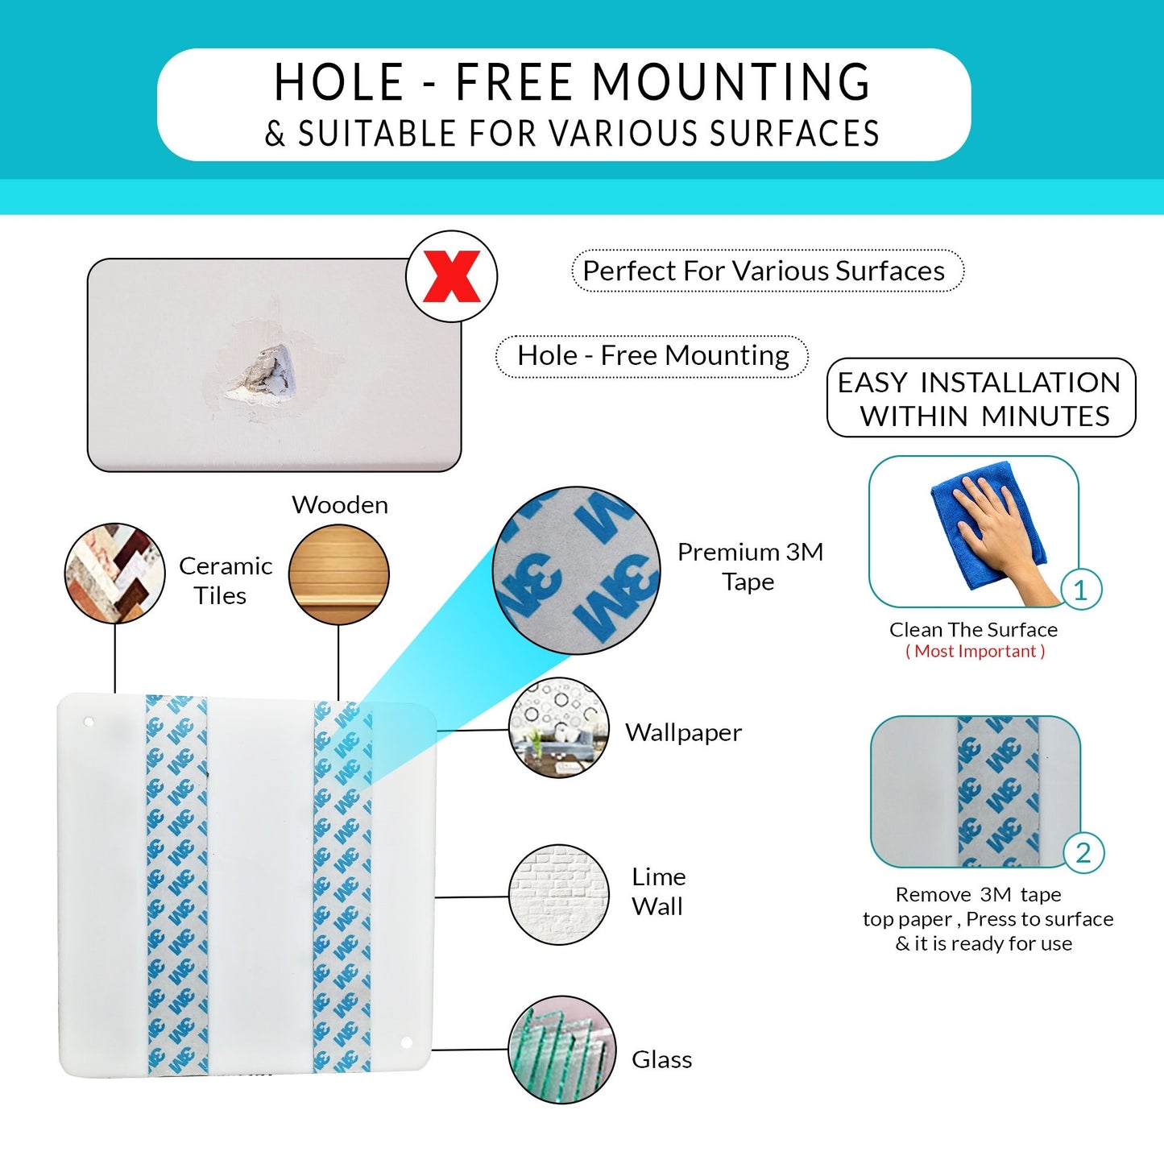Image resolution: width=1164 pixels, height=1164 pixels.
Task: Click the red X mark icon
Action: point(451,276)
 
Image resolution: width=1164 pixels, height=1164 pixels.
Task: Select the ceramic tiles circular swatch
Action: point(114,574)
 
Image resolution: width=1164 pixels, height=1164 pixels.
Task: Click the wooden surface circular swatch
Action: point(339,574)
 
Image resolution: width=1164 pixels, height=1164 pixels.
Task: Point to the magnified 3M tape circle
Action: point(576,570)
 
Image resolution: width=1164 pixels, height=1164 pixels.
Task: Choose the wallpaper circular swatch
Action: point(559,727)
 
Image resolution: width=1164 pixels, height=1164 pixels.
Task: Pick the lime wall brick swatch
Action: point(559,894)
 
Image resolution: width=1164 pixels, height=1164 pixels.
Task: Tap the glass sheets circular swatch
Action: point(561,1050)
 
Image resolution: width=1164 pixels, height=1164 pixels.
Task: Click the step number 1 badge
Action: point(1081,589)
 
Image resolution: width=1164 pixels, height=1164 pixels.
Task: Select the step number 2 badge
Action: point(1083,853)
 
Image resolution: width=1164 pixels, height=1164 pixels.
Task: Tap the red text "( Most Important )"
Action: point(975,651)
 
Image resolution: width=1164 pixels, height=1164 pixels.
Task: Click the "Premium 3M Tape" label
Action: point(750,566)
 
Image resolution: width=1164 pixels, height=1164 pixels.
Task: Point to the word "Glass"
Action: point(662,1059)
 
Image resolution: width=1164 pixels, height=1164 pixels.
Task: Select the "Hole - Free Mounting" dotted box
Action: point(652,356)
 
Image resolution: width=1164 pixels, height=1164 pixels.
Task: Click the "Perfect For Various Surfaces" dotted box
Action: point(768,271)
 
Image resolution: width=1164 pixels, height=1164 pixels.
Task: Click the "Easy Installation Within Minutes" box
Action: point(981,397)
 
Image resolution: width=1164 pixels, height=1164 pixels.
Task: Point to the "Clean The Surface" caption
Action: point(973,630)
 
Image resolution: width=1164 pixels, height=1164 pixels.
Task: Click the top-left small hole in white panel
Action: point(88,723)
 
